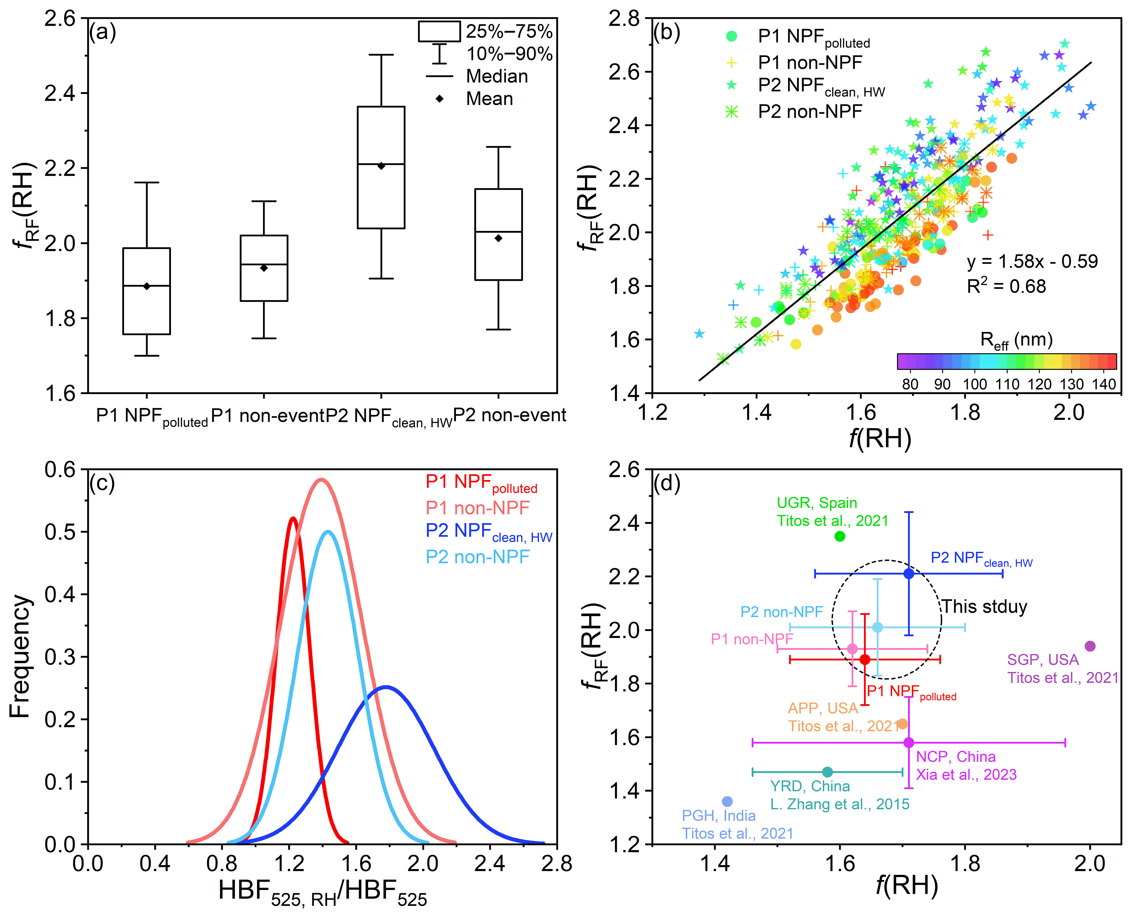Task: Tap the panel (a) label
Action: (x=102, y=33)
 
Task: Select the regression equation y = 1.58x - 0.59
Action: (x=1032, y=261)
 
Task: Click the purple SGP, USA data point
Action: (x=1090, y=646)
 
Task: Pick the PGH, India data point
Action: (x=727, y=802)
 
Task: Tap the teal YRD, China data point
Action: (x=828, y=772)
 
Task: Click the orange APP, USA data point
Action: (x=902, y=724)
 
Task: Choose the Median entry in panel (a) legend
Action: (x=496, y=76)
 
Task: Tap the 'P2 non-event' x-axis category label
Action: (x=510, y=415)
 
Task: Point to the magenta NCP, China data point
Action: (x=909, y=742)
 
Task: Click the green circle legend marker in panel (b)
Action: (x=731, y=36)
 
